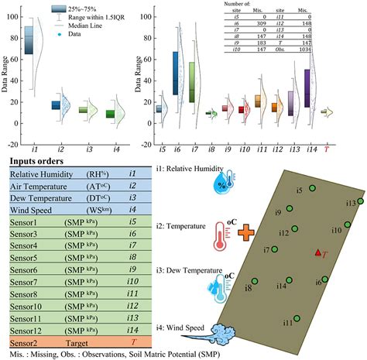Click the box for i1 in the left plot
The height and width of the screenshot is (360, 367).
click(x=29, y=39)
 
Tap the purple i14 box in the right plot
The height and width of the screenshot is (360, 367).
click(x=307, y=89)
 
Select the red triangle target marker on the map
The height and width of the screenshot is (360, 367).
click(x=317, y=253)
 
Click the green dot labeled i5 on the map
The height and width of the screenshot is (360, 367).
click(x=312, y=188)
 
